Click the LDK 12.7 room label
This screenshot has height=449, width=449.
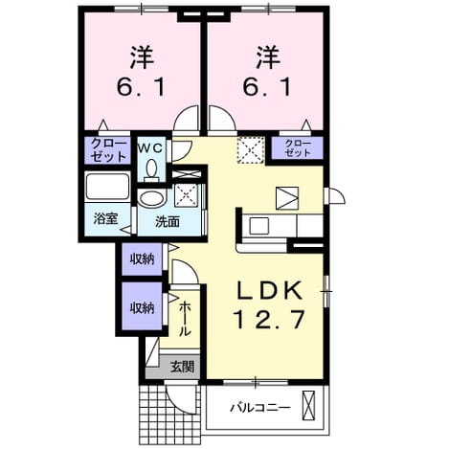[269, 304]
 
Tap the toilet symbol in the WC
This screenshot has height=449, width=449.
[151, 170]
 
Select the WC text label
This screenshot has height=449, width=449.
[150, 148]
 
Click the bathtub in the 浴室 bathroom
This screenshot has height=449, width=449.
[107, 187]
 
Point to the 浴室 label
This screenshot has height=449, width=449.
[106, 218]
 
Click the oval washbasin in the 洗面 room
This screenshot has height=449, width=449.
[153, 199]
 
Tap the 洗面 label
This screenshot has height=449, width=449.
[168, 222]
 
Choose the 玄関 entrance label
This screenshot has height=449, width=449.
[182, 367]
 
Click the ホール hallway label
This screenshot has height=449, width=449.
[185, 319]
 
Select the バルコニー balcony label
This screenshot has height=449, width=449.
[261, 408]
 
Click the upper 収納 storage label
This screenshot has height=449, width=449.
[142, 258]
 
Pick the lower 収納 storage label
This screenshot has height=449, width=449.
[142, 307]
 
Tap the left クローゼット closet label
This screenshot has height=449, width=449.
[108, 150]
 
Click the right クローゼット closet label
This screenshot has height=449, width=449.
[298, 147]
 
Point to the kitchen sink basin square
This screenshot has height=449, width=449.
[258, 226]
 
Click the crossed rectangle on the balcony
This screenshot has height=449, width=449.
[308, 405]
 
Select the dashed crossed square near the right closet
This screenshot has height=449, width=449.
[251, 150]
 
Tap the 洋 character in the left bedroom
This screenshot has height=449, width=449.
[142, 57]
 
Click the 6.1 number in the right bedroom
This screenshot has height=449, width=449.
[267, 87]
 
